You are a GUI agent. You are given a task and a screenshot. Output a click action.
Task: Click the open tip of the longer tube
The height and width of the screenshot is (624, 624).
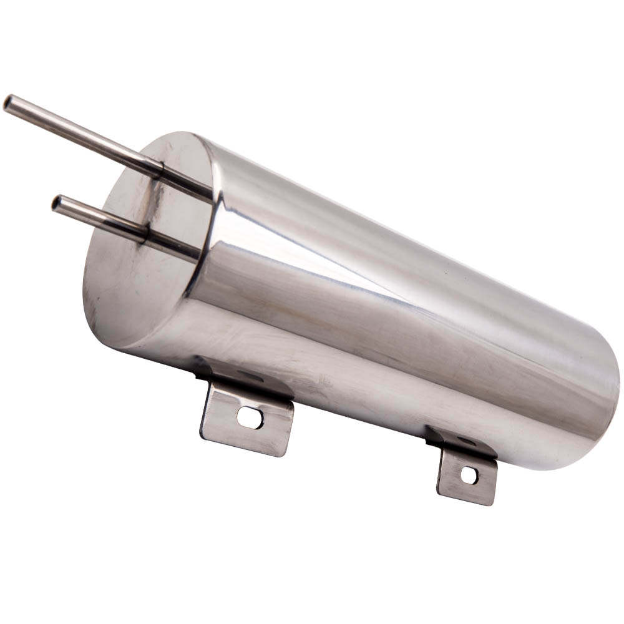(9, 102)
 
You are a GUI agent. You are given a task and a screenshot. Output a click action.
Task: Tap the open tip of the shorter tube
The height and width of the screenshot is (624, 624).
(57, 203)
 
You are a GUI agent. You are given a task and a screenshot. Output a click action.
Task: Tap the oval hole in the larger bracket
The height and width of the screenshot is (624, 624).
(250, 417)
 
